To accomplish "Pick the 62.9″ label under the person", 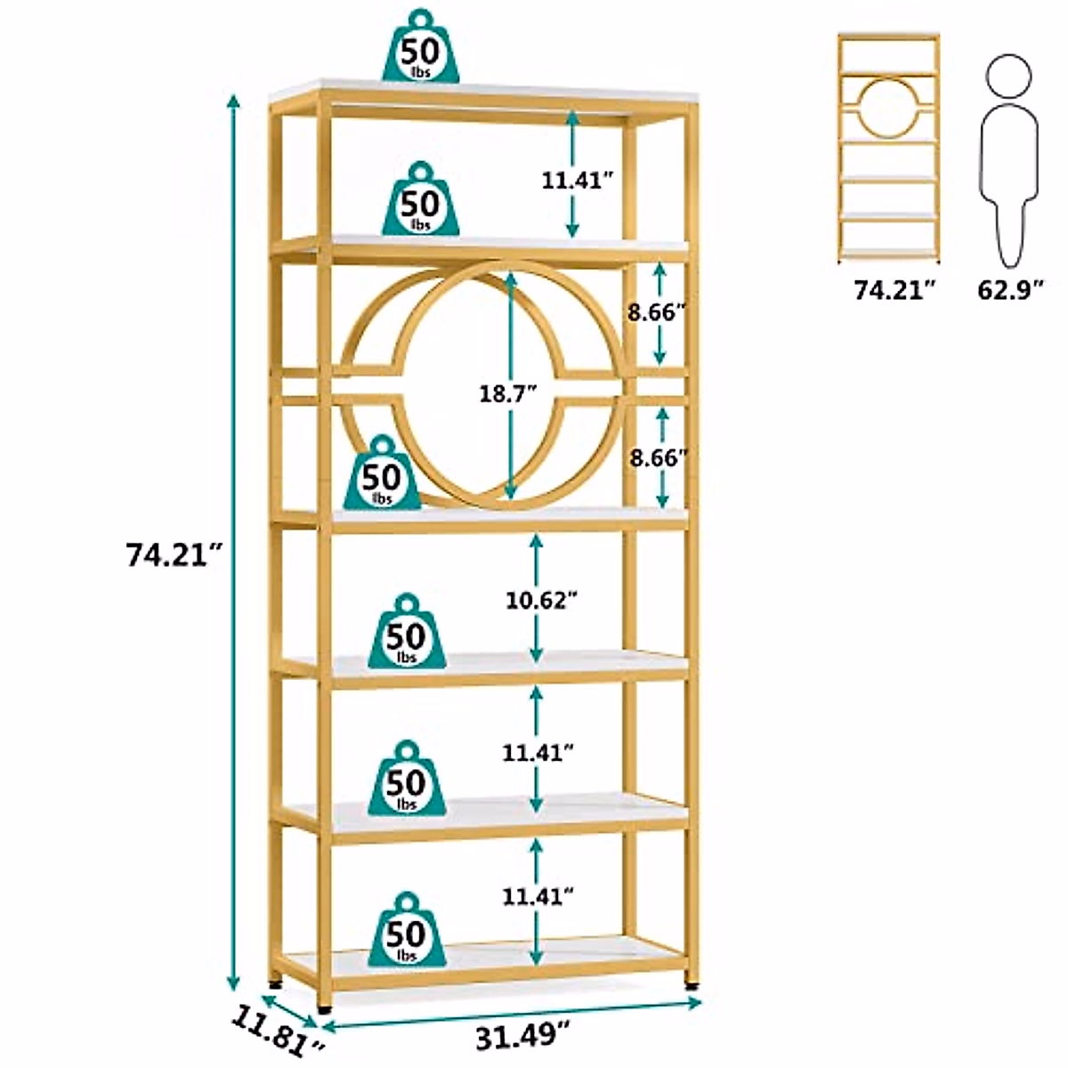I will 1009,290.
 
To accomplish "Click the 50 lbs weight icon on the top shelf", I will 418,47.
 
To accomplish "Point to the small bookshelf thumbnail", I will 888,148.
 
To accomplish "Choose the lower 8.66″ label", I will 659,458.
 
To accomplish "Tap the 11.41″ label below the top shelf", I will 577,181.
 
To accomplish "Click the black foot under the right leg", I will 691,986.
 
